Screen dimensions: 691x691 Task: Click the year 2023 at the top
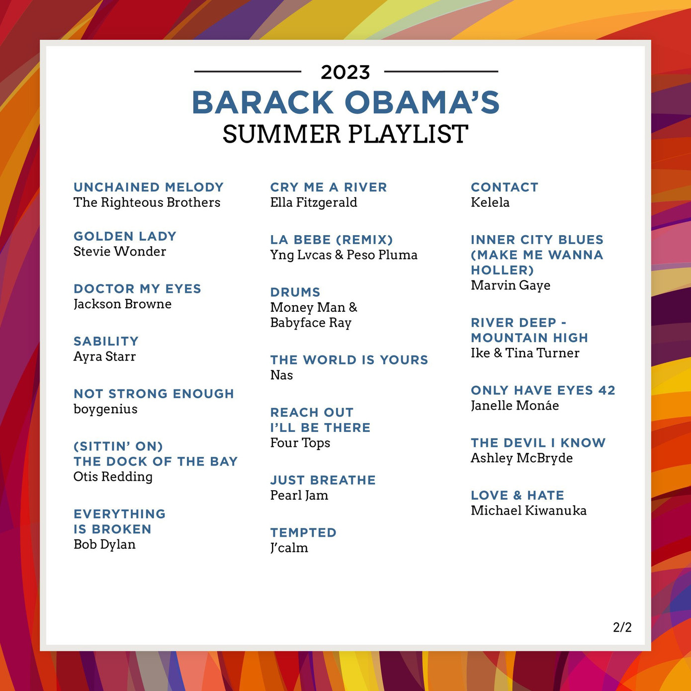pyautogui.click(x=345, y=73)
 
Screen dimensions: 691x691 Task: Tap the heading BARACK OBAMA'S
pyautogui.click(x=345, y=102)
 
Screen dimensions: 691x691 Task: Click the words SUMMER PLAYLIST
pyautogui.click(x=345, y=134)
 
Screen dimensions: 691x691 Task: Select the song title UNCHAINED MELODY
pyautogui.click(x=149, y=187)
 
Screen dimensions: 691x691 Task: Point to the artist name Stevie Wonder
pyautogui.click(x=120, y=252)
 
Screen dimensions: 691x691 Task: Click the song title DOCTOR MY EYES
pyautogui.click(x=137, y=289)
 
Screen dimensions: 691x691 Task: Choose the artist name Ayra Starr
pyautogui.click(x=104, y=356)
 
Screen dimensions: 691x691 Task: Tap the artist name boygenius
pyautogui.click(x=105, y=409)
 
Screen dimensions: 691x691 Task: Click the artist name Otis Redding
pyautogui.click(x=113, y=477)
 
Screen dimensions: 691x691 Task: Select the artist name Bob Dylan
pyautogui.click(x=104, y=544)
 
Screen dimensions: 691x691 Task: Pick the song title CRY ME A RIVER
pyautogui.click(x=329, y=187)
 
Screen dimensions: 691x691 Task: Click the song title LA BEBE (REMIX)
pyautogui.click(x=332, y=240)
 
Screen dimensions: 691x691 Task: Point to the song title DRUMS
pyautogui.click(x=295, y=292)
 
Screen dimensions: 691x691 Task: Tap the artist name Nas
pyautogui.click(x=281, y=375)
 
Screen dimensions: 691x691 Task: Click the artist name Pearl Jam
pyautogui.click(x=299, y=496)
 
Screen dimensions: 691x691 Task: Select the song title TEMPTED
pyautogui.click(x=303, y=533)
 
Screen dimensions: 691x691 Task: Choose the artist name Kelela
pyautogui.click(x=490, y=202)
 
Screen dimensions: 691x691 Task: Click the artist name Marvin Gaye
pyautogui.click(x=511, y=285)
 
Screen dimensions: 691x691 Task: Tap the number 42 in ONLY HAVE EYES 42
pyautogui.click(x=607, y=390)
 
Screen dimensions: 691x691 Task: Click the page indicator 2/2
pyautogui.click(x=622, y=627)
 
